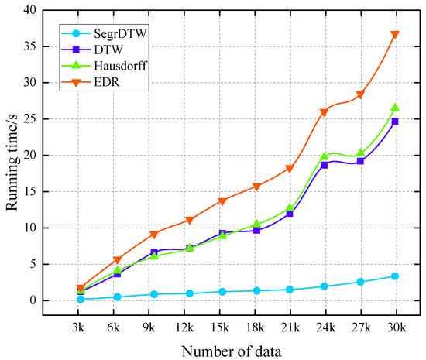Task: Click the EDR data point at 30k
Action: click(x=395, y=35)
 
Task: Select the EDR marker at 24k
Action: click(x=324, y=112)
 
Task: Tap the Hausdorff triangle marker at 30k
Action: click(x=395, y=108)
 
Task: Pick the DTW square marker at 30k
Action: click(x=395, y=122)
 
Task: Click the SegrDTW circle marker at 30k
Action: click(x=395, y=276)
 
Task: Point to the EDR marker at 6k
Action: click(x=117, y=260)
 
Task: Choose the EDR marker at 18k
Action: click(x=256, y=187)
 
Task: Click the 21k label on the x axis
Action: click(x=290, y=328)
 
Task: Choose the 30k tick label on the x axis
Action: click(x=395, y=328)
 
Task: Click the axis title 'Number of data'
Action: click(x=238, y=351)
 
